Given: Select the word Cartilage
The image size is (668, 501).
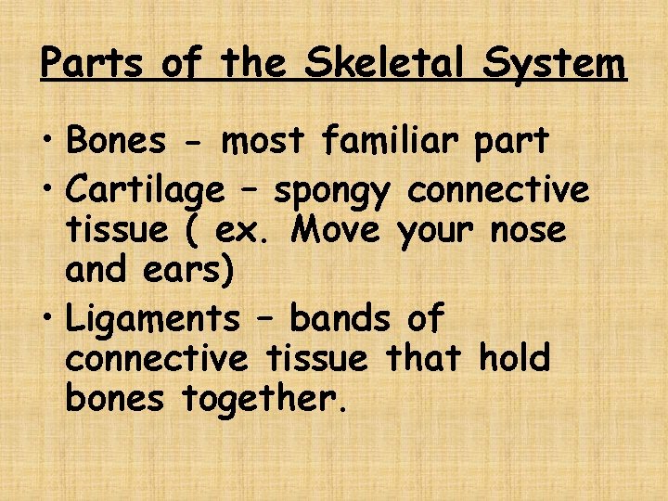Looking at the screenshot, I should (146, 191).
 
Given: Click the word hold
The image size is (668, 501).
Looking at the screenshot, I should (514, 357).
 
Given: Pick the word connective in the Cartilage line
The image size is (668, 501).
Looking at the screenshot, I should (499, 190).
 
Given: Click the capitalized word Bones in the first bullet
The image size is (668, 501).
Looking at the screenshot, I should (116, 141).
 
